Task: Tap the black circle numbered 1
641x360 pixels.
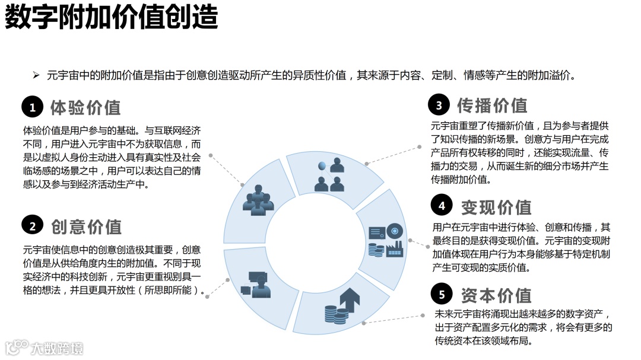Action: (33, 107)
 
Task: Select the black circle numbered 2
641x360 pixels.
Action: (33, 226)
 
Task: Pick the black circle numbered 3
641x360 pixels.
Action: (439, 106)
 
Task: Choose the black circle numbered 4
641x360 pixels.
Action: (442, 206)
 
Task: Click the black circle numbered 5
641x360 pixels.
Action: (442, 294)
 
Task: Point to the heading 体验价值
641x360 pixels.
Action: (85, 107)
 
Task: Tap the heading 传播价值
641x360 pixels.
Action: (492, 106)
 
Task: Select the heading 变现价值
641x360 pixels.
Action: (496, 207)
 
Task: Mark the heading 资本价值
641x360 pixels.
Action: (496, 295)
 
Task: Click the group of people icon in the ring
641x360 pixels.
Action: (258, 200)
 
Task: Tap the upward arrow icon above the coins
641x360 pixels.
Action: (349, 300)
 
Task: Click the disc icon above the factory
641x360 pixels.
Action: (395, 231)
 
